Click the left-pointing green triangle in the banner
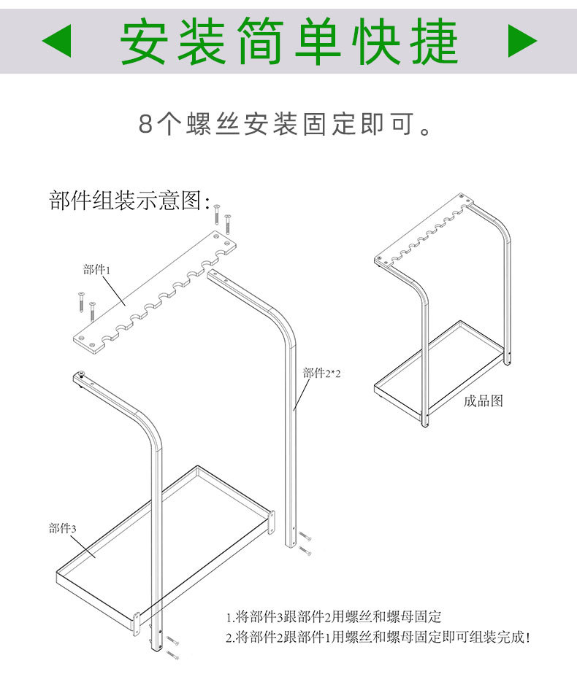click(x=58, y=41)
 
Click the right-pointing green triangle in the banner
click(x=521, y=41)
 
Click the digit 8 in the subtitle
click(x=145, y=125)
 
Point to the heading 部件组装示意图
click(x=129, y=200)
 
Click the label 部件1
click(x=96, y=270)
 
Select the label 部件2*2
click(x=322, y=373)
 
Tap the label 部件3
click(x=62, y=528)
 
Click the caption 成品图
click(x=483, y=400)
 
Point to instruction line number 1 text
click(x=343, y=617)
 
